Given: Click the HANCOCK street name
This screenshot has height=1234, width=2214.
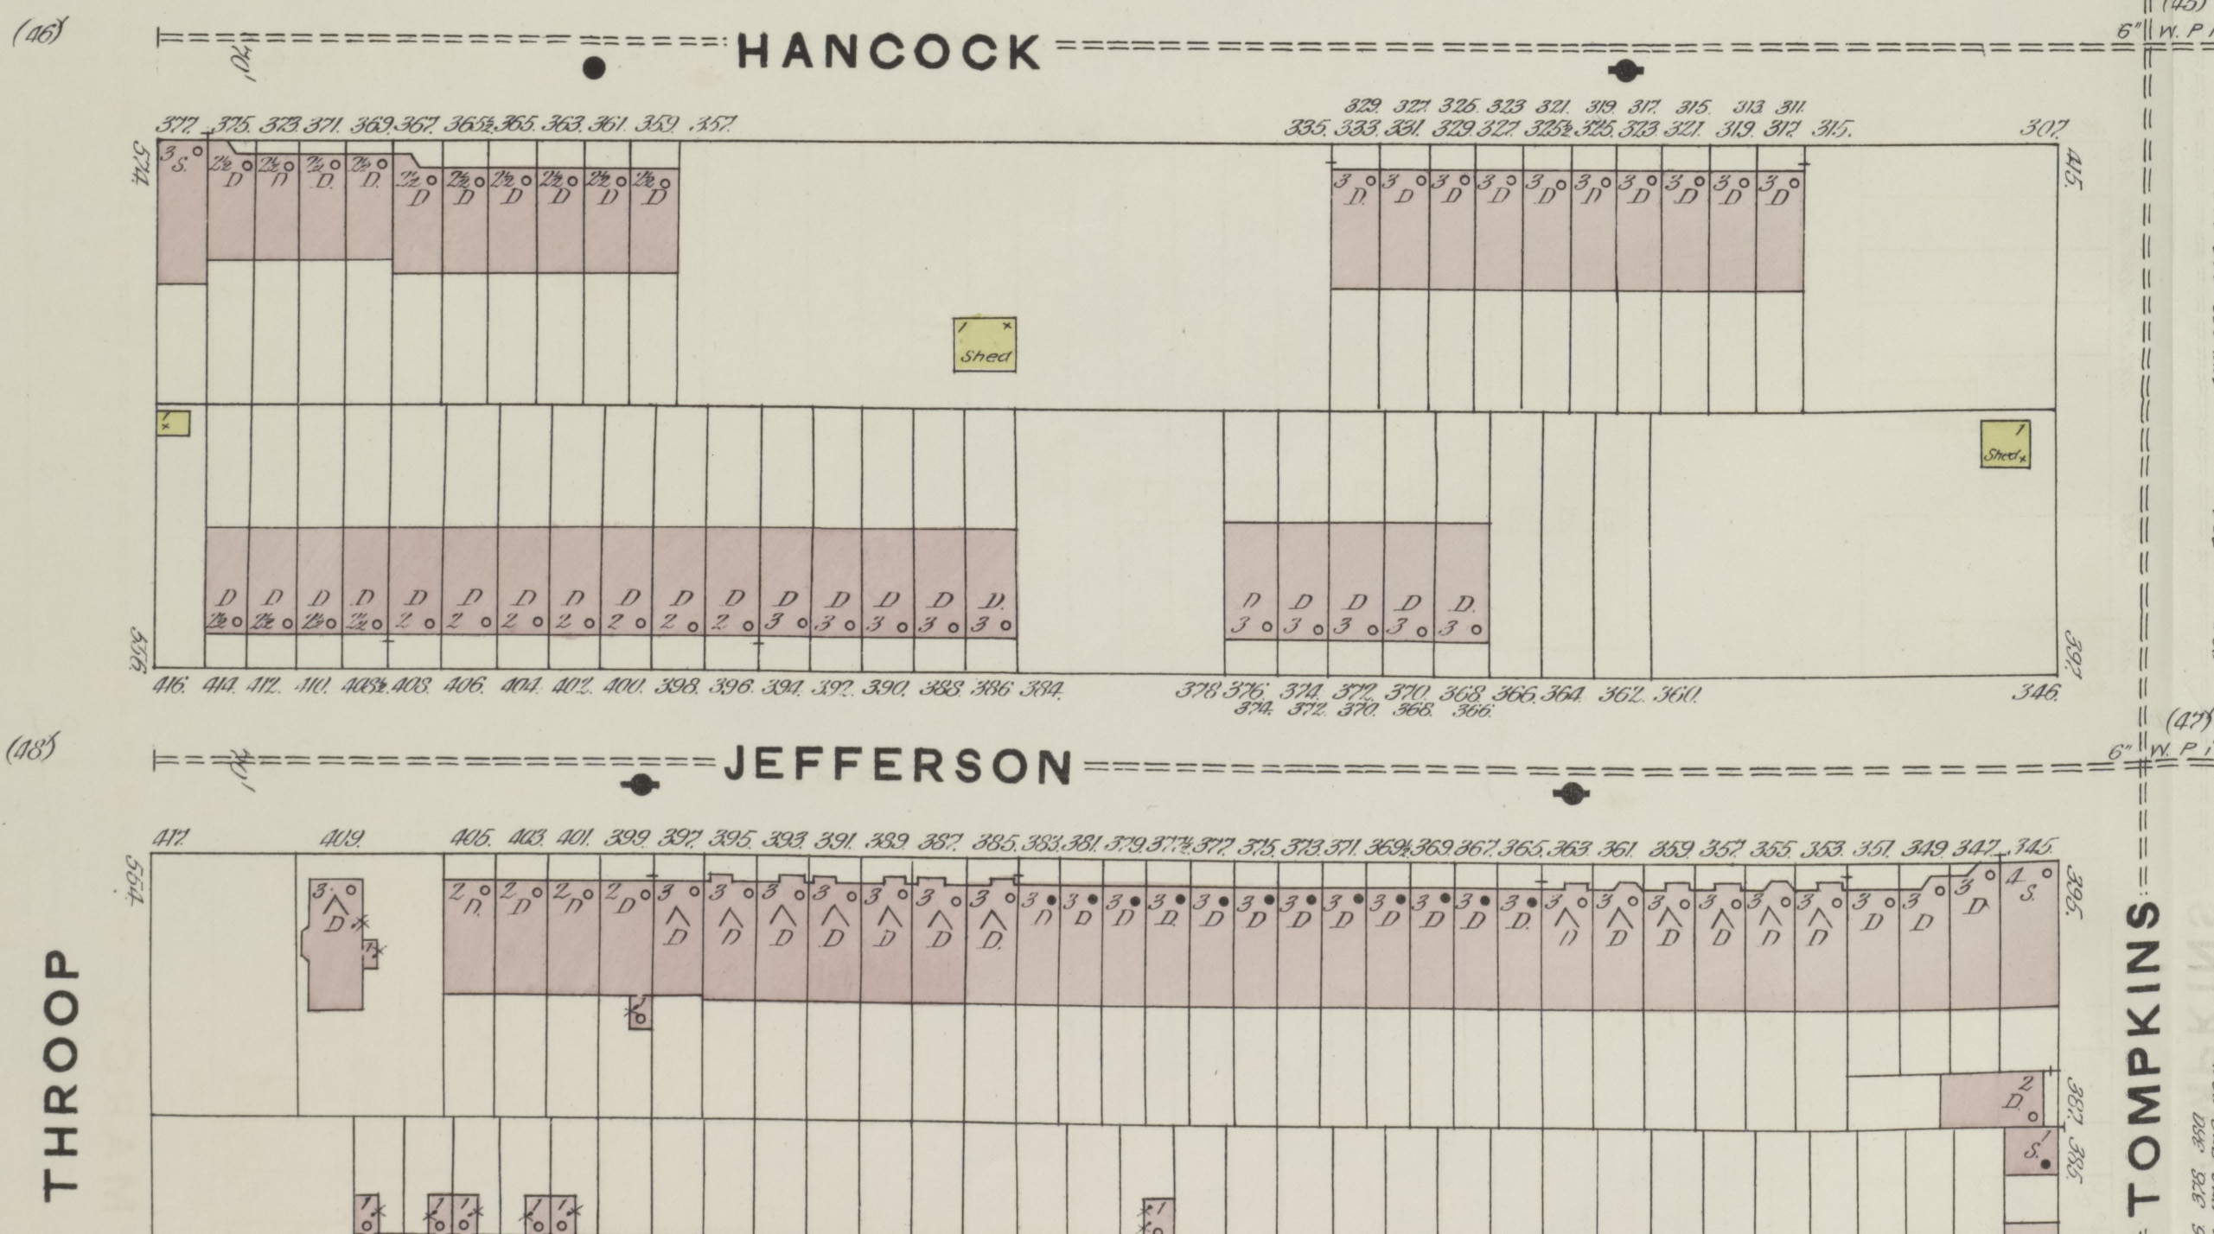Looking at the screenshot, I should click(889, 52).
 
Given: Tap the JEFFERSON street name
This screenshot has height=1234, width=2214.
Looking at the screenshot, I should click(896, 766).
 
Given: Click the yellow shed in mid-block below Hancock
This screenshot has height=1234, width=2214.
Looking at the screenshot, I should click(985, 345).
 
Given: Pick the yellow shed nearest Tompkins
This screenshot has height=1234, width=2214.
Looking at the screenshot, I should click(2005, 444).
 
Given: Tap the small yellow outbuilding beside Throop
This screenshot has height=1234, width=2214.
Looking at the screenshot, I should click(173, 423).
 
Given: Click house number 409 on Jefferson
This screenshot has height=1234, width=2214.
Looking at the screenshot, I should click(342, 839).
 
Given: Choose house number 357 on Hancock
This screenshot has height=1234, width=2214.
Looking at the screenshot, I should click(712, 126).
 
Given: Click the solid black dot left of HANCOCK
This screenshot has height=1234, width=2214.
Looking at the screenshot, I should click(594, 67).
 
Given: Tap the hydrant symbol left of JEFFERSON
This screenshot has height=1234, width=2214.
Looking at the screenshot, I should click(640, 785).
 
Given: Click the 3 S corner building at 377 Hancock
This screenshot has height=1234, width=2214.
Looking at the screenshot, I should click(182, 212).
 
